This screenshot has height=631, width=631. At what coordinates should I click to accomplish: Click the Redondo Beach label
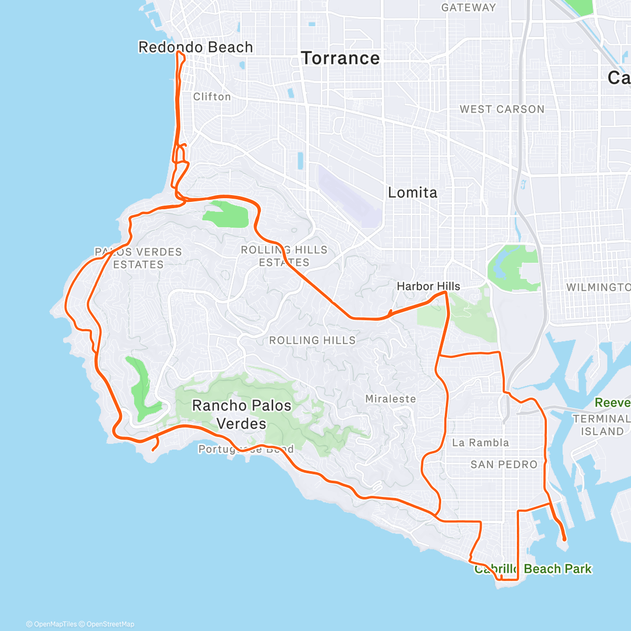(x=195, y=47)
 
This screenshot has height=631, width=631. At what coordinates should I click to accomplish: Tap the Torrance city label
(x=340, y=58)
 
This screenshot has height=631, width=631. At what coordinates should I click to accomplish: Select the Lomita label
(x=412, y=192)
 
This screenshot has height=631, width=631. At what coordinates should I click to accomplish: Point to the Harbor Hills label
(x=428, y=287)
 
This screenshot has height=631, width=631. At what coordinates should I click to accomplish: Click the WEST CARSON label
(x=502, y=109)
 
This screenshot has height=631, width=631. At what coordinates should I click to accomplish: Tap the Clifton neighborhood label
(x=212, y=97)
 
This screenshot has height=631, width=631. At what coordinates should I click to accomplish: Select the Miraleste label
(x=390, y=399)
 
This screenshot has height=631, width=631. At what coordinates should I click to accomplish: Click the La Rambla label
(x=480, y=443)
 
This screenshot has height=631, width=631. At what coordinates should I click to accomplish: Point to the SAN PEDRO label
(x=503, y=465)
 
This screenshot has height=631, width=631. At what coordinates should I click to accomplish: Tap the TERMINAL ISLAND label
(x=601, y=425)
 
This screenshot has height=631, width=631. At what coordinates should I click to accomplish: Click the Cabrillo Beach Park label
(x=533, y=569)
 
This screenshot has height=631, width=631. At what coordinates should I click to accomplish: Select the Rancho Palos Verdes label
(x=241, y=414)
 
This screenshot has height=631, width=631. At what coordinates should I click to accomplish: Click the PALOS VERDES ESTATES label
(x=138, y=258)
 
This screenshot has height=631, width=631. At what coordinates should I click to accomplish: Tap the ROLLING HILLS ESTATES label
(x=284, y=256)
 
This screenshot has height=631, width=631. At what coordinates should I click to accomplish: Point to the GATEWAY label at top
(x=468, y=8)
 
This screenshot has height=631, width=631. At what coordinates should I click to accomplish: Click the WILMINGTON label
(x=598, y=288)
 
